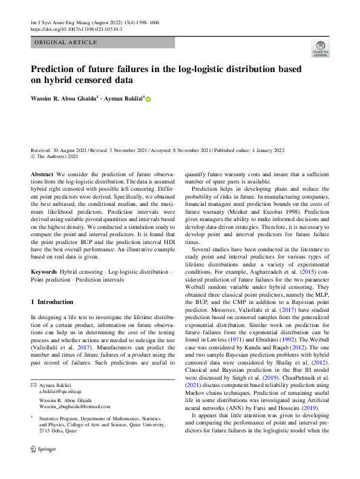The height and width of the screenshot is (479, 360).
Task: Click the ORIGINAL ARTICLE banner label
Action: pos(66,42)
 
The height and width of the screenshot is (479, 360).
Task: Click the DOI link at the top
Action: pos(76,28)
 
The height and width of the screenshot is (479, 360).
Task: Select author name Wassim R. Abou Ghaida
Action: pos(64,98)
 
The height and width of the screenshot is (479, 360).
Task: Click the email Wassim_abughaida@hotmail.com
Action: pos(75,406)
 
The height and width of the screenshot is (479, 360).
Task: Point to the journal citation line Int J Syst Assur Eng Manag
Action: pos(65,22)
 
